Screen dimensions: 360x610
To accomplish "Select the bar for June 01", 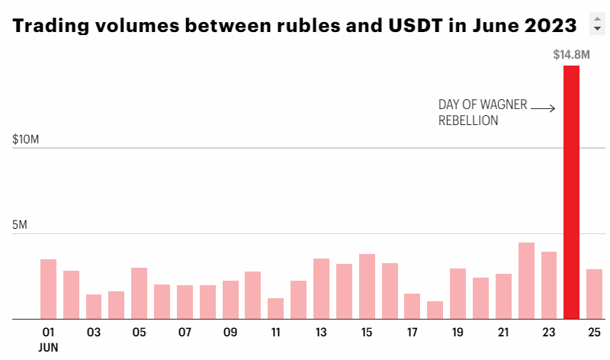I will [48, 289].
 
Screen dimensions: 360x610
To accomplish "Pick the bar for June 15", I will [367, 286].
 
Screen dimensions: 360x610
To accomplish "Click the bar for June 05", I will [139, 293].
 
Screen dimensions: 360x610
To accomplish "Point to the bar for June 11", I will [275, 308].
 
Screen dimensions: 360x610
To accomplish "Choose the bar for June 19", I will [457, 294].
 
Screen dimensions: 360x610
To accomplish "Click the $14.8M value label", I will [571, 54].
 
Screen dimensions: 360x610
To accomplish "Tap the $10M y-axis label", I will [27, 140].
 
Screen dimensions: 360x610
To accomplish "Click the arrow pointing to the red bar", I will [543, 109].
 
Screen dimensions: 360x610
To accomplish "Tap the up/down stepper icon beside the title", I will [597, 23].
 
